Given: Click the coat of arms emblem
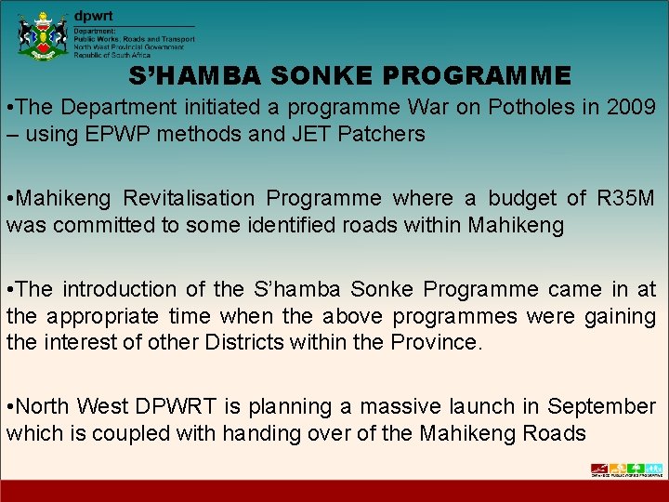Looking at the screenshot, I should (43, 35).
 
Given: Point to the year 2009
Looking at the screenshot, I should (630, 107).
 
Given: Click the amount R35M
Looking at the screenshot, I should (625, 198).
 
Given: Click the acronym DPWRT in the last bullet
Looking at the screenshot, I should (177, 406).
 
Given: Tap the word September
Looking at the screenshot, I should (601, 406).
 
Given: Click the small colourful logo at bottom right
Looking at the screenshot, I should (626, 469).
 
